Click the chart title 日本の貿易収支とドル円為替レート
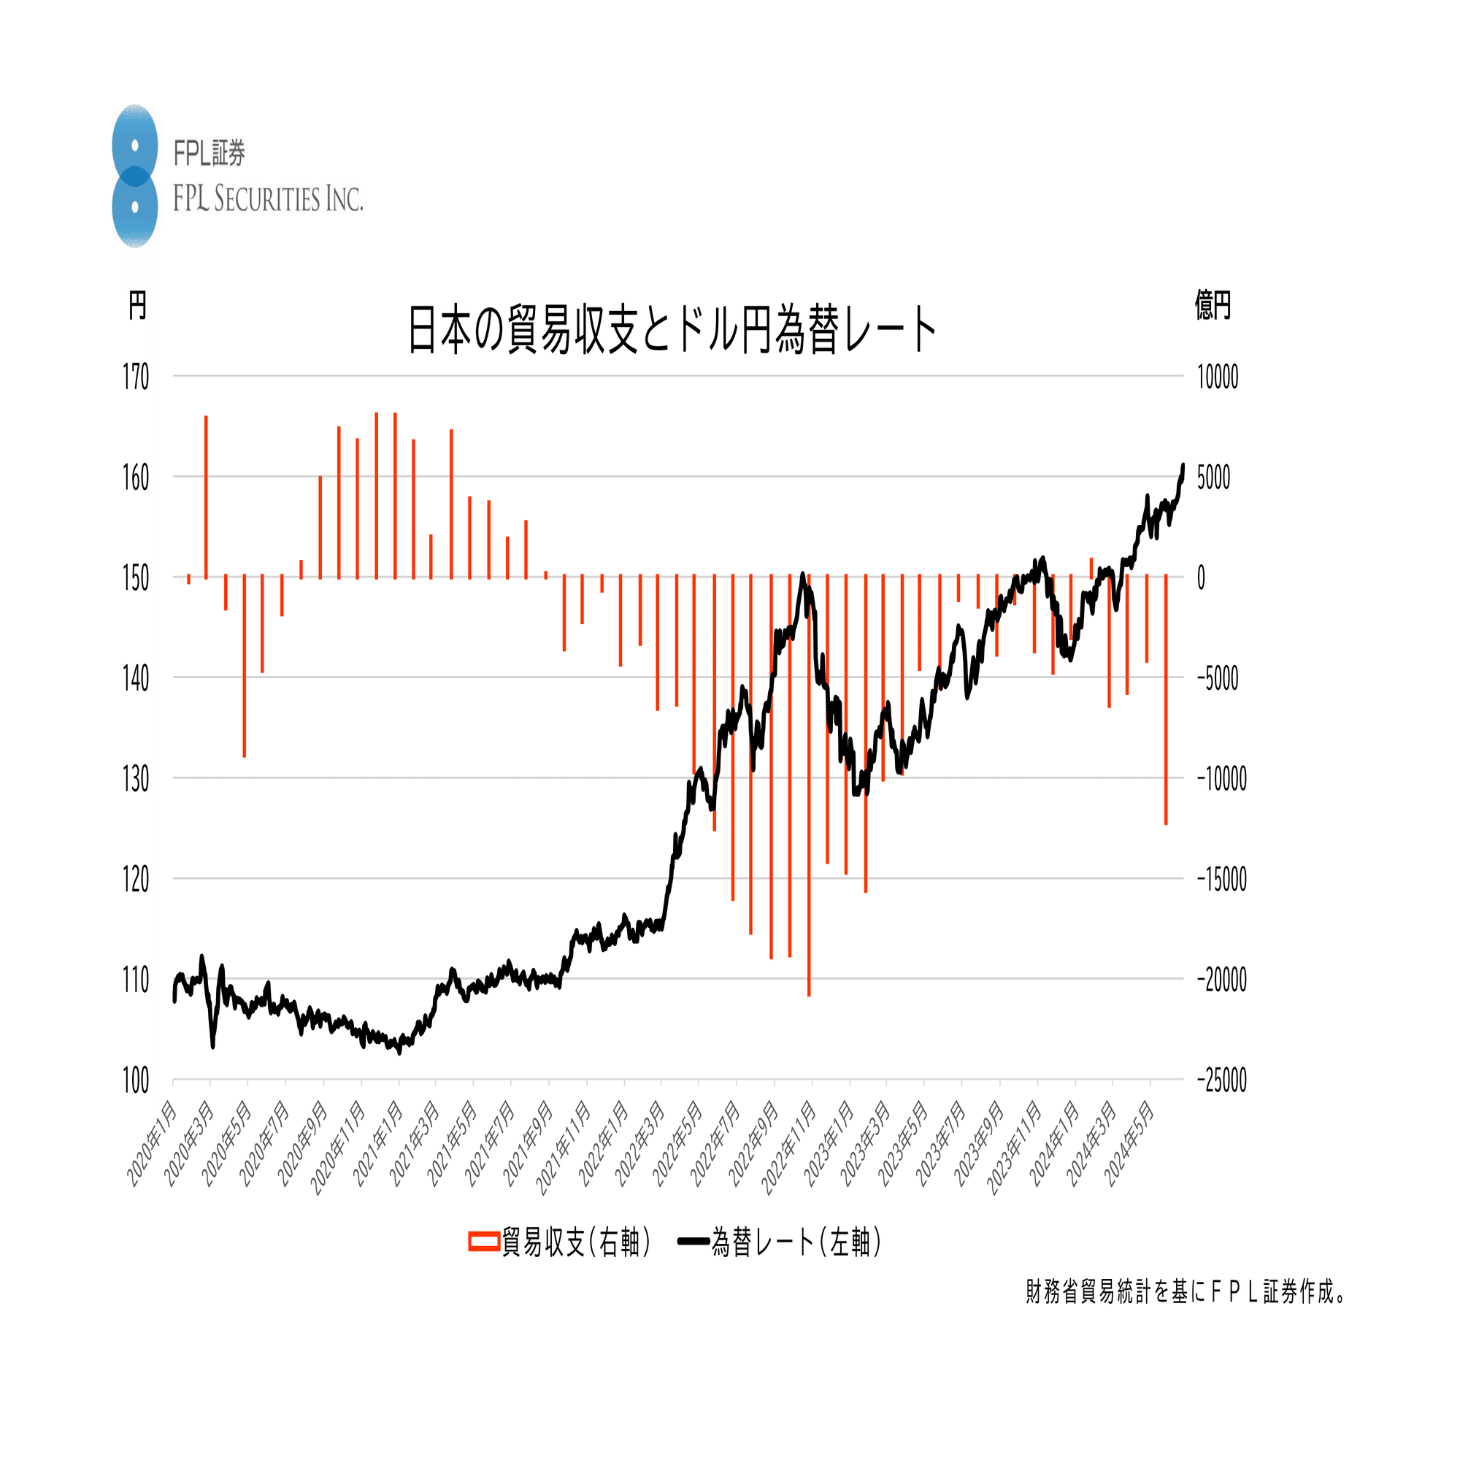[x=672, y=330]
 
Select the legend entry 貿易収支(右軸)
[x=560, y=1242]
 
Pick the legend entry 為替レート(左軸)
[x=780, y=1242]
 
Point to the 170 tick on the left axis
[x=136, y=377]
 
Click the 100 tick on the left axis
[x=136, y=1080]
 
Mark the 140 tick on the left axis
[x=136, y=679]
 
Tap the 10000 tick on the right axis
[x=1218, y=377]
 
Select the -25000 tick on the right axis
[x=1221, y=1080]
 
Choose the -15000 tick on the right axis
[x=1221, y=879]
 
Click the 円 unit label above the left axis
[x=137, y=305]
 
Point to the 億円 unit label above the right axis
[x=1212, y=305]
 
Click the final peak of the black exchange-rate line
[x=1183, y=466]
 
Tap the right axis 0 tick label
[x=1201, y=578]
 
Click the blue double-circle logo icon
[x=134, y=176]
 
